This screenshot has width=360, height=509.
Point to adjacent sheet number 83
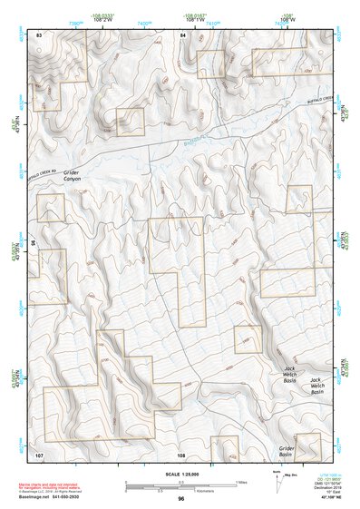tap(39, 34)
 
